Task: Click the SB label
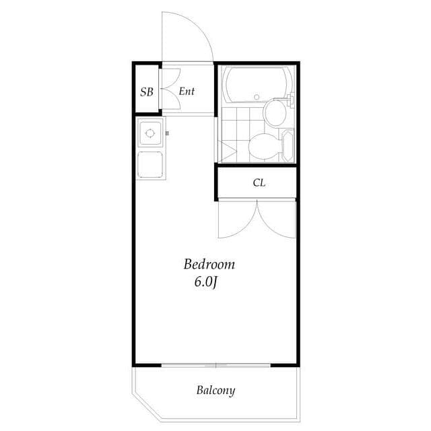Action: [x=146, y=91]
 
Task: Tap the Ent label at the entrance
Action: [x=187, y=90]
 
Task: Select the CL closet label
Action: [x=259, y=183]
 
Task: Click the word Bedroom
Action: [x=210, y=265]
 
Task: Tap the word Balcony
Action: [x=215, y=390]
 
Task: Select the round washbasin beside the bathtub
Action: [x=275, y=112]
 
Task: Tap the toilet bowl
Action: [x=263, y=145]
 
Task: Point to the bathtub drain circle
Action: [x=257, y=98]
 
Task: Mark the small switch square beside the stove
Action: [x=167, y=133]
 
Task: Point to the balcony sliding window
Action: [x=215, y=366]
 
